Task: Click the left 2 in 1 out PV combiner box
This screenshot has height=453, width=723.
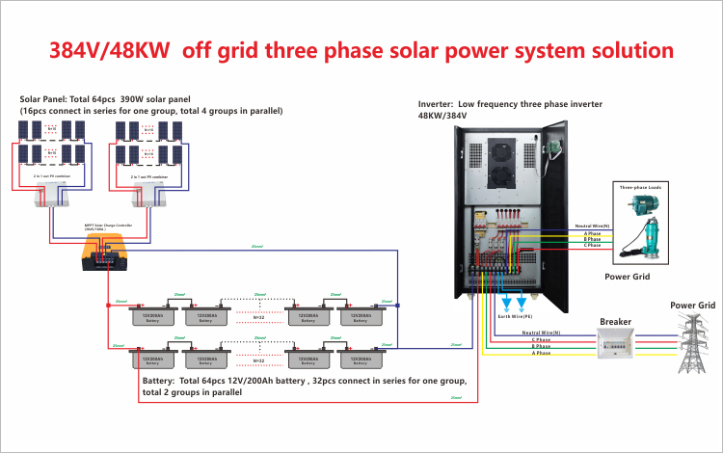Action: pos(49,197)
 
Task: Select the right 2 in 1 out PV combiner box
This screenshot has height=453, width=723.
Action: pos(148,197)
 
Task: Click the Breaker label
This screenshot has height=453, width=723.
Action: pos(616,322)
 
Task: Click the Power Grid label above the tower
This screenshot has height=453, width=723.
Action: pos(693,305)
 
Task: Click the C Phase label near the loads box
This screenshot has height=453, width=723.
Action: pos(592,246)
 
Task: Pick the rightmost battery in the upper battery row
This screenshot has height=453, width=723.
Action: pos(362,316)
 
